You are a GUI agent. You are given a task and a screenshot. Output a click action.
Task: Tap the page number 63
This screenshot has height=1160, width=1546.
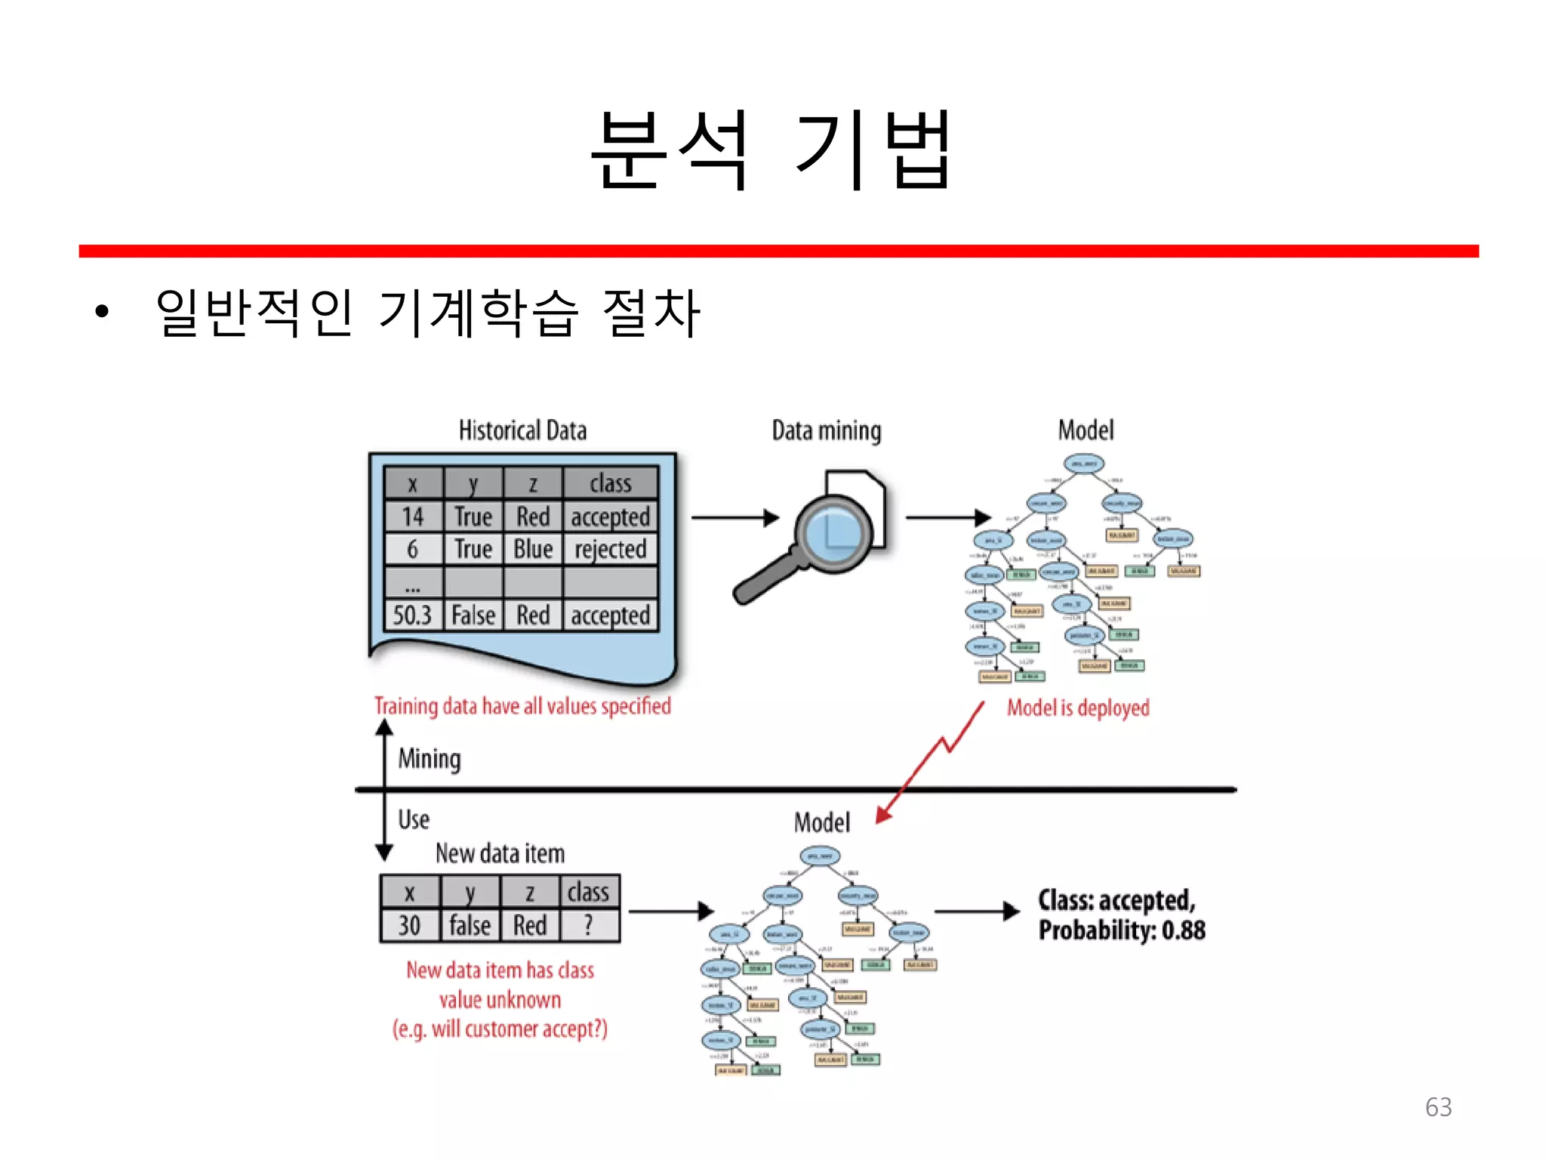click(1438, 1106)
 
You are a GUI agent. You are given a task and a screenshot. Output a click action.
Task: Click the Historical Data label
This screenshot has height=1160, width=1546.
click(522, 430)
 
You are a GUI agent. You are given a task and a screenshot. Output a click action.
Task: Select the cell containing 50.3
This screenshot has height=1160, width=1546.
click(412, 615)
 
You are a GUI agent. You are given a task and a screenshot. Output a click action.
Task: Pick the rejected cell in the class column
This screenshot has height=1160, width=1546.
click(610, 549)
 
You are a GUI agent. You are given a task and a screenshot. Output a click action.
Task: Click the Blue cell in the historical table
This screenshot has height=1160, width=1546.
click(533, 549)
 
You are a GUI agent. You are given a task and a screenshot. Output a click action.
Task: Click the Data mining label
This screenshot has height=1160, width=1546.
click(826, 430)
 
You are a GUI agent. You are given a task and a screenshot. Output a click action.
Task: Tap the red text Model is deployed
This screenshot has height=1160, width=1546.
click(1078, 708)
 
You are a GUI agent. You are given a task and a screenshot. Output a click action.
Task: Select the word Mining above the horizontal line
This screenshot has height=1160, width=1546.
click(429, 758)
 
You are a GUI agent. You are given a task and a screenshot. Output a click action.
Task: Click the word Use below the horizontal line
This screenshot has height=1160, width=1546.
click(414, 819)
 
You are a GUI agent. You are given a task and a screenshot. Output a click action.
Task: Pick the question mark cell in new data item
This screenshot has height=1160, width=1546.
click(589, 925)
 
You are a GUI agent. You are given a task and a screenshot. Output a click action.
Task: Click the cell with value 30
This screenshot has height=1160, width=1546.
click(409, 925)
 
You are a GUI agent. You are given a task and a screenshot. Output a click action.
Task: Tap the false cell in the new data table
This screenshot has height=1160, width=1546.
click(470, 925)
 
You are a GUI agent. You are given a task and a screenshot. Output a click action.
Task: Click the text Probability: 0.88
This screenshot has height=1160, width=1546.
click(1122, 930)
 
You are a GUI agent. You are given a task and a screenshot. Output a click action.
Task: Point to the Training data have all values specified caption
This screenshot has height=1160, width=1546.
click(522, 706)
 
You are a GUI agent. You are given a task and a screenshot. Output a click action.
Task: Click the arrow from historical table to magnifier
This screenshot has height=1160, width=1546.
click(734, 518)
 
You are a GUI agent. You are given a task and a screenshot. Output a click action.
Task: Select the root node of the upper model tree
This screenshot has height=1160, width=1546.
click(1084, 464)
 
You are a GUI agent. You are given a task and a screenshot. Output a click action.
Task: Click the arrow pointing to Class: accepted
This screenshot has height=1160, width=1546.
click(977, 912)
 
